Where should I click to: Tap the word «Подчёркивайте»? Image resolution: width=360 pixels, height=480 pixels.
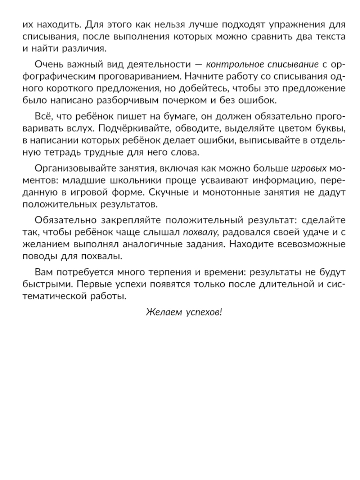pyautogui.click(x=137, y=129)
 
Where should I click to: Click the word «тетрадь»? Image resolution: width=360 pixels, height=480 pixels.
pyautogui.click(x=64, y=152)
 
